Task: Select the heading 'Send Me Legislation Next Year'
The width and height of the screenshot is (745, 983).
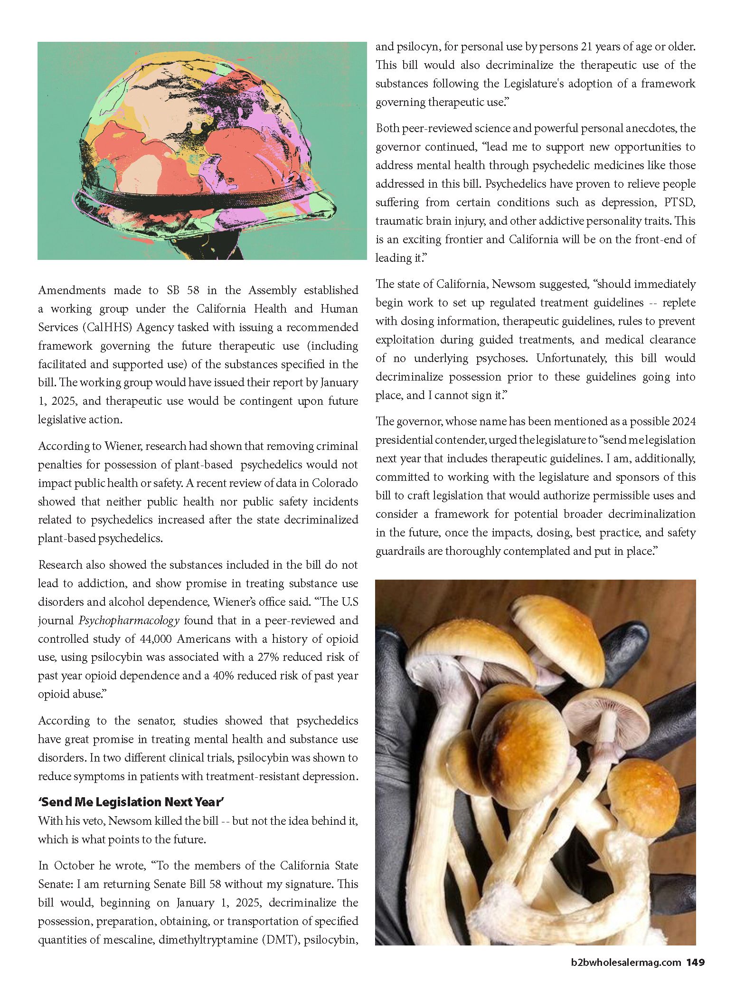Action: (x=131, y=802)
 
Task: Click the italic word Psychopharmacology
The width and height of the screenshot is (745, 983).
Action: (x=129, y=620)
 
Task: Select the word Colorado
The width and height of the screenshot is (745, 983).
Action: (x=335, y=483)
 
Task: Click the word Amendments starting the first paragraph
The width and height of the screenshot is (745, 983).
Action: (x=72, y=290)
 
